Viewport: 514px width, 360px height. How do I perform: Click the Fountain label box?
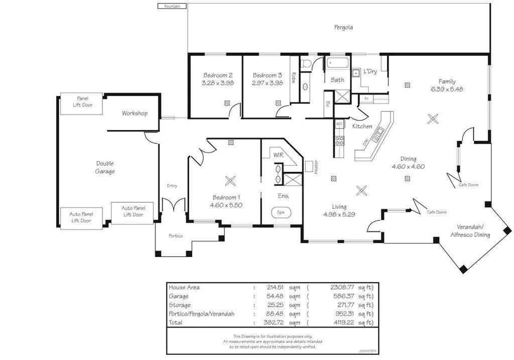point(172,6)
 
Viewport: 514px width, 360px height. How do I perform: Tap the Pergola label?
point(343,28)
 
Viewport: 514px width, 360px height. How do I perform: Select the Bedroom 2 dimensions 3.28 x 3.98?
point(218,83)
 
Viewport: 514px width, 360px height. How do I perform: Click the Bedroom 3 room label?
point(268,75)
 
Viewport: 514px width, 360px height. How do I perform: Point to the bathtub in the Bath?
point(338,64)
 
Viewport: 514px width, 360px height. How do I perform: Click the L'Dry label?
point(370,71)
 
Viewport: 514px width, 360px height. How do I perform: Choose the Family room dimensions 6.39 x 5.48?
point(447,89)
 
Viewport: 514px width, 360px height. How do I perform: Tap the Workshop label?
point(135,113)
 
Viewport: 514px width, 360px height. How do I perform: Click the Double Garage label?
point(105,167)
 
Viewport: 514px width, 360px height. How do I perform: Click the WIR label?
point(279,155)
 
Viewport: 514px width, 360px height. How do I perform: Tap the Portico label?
point(175,236)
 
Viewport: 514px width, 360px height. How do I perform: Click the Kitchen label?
point(362,127)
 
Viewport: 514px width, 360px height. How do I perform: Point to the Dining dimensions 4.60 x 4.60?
point(408,167)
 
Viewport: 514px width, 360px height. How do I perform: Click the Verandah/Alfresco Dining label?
point(470,231)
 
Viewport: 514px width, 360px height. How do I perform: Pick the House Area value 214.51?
point(276,288)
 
